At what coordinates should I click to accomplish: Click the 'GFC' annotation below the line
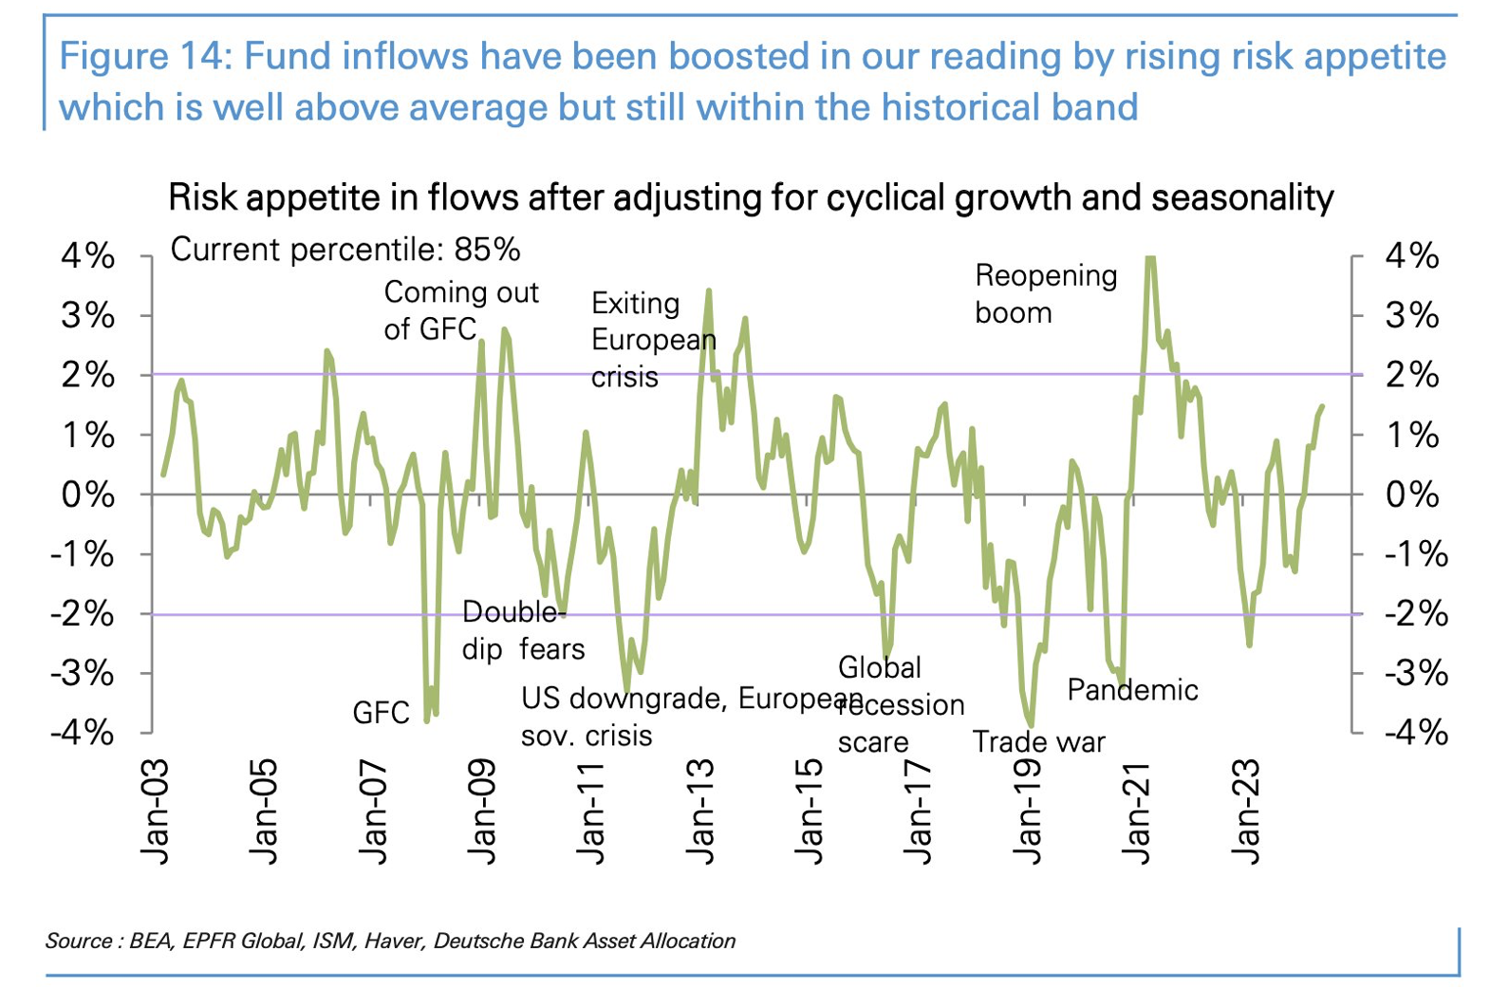coord(381,713)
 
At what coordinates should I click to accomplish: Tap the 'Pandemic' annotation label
coord(1132,690)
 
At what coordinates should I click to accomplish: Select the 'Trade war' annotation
coord(1039,741)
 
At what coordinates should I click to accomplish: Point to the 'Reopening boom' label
coord(1045,293)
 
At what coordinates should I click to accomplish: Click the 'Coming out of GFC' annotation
coord(460,310)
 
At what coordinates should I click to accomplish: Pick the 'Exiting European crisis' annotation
coord(653,340)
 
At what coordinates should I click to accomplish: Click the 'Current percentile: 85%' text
coord(345,250)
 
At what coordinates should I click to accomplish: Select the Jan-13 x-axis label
coord(700,812)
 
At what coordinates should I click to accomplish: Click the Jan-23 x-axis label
coord(1245,812)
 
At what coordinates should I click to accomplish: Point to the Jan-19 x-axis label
coord(1028,812)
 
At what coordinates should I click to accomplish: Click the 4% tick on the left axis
coord(87,256)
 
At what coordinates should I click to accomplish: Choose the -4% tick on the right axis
coord(1416,733)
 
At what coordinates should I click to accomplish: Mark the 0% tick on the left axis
coord(87,494)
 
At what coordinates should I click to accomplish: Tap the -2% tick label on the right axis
coord(1416,614)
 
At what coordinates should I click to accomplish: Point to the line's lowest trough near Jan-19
coord(1031,726)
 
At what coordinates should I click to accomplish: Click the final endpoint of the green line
coord(1321,407)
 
